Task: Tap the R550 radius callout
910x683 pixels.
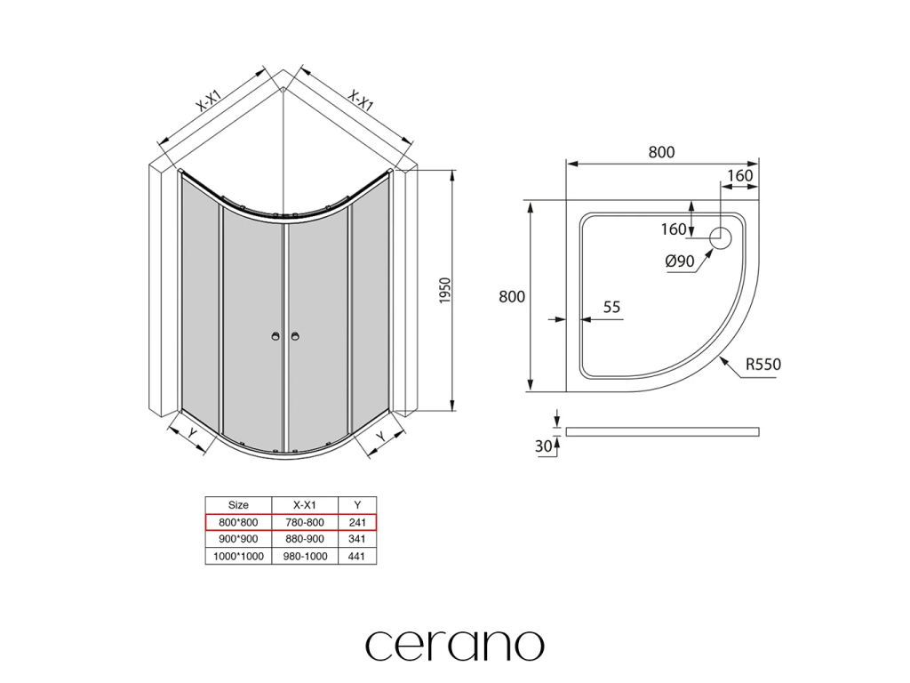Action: pos(762,364)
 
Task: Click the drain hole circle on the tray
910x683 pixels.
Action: pos(720,237)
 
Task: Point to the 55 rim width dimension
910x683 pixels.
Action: pos(611,308)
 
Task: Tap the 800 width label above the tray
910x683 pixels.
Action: pos(661,152)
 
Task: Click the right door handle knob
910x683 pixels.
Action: pos(295,336)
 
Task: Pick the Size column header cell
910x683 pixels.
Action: pos(238,504)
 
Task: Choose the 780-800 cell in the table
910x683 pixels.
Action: pos(305,522)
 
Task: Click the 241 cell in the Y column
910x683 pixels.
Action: pos(358,522)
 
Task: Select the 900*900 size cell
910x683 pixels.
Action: pos(238,539)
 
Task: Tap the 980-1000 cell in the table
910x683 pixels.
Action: pos(305,556)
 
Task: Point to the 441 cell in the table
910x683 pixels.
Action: pos(358,556)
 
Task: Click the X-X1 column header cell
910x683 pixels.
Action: pos(305,504)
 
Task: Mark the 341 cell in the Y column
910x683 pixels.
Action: pos(358,539)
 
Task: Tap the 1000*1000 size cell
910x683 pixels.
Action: pos(238,556)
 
